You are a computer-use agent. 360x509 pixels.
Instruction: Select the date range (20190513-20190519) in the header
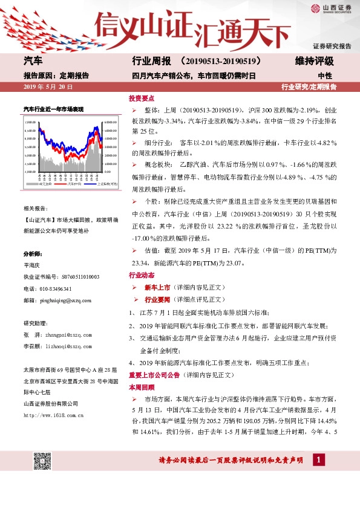pos(220,61)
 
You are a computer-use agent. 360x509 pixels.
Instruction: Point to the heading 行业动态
pos(142,275)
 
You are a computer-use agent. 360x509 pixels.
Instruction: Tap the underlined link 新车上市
pos(157,288)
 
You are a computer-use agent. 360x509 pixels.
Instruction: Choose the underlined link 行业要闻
pos(157,300)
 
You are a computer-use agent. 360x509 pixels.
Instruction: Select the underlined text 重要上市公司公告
pos(149,375)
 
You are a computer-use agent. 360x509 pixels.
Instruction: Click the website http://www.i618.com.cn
pos(53,415)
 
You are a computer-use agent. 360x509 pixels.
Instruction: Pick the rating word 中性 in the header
pos(325,76)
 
